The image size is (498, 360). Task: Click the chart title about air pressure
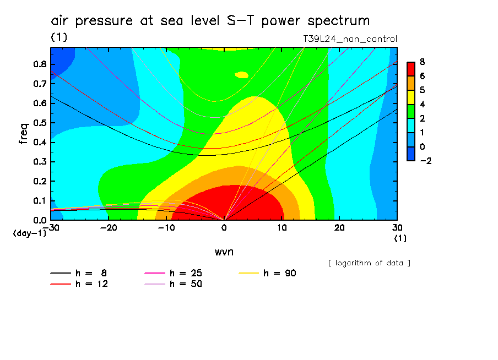point(210,21)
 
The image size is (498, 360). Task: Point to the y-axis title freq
point(23,133)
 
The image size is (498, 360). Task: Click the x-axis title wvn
point(223,252)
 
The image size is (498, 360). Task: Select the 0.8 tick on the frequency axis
point(40,64)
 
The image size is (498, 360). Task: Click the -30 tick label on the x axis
point(51,227)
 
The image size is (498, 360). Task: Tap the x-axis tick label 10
point(282,227)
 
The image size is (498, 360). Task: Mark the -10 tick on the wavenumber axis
point(166,227)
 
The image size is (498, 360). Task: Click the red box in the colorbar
point(411,68)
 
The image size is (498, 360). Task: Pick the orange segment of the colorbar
point(411,83)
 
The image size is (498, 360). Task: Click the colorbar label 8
point(421,62)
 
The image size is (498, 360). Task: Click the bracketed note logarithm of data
point(369,263)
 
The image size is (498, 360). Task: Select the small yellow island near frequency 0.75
point(242,74)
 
